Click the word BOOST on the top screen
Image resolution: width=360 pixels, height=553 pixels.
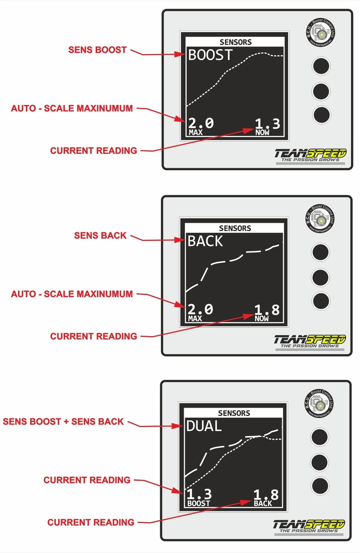click(210, 55)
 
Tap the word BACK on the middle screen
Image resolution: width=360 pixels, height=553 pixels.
click(205, 242)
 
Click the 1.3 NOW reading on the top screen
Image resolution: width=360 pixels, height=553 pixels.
click(268, 126)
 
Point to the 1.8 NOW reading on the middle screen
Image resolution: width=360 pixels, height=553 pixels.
click(267, 311)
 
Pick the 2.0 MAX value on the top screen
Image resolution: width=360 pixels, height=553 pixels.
click(201, 126)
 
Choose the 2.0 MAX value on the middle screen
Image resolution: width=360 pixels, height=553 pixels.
click(200, 311)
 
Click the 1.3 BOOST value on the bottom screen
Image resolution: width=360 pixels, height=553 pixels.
click(199, 497)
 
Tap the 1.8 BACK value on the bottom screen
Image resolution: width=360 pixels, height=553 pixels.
click(266, 497)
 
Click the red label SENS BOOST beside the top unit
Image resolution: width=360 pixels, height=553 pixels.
click(97, 50)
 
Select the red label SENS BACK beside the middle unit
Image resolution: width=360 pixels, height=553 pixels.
click(100, 235)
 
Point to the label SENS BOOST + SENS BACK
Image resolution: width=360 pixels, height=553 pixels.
click(63, 421)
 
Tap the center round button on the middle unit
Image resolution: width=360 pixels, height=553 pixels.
click(321, 277)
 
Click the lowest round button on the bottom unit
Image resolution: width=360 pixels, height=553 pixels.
click(320, 486)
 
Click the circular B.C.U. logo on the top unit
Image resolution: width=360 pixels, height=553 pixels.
click(322, 33)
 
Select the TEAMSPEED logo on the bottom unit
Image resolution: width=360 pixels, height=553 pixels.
click(309, 525)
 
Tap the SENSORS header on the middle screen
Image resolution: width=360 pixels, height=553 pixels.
click(235, 228)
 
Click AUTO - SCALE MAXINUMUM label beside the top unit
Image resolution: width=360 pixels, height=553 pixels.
click(72, 108)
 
